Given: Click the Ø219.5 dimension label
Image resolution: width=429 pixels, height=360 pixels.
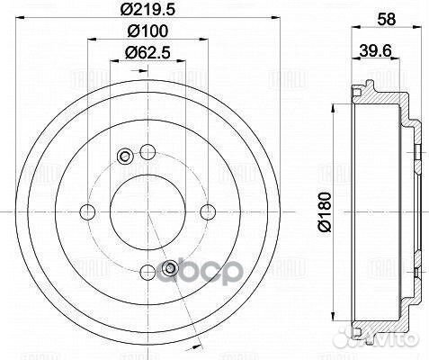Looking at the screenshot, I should [146, 13].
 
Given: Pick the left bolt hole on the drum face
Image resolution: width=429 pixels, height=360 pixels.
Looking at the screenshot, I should [85, 211].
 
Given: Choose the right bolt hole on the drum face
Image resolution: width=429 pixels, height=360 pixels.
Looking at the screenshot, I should [208, 211].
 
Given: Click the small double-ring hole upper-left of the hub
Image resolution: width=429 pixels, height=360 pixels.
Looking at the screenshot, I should [125, 157].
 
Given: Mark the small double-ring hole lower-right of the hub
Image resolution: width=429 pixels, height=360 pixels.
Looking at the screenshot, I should [168, 265].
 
